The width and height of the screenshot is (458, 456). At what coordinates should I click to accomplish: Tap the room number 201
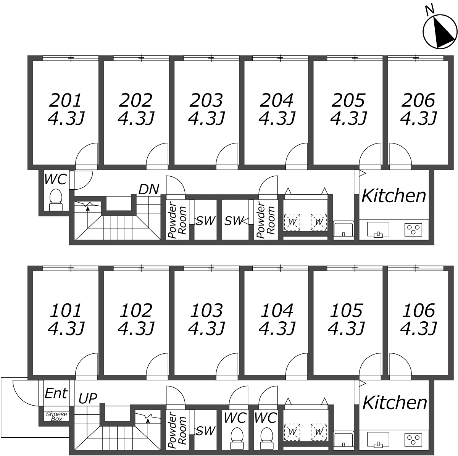pos(65,100)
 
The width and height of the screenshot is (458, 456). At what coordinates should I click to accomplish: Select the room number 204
pos(276,100)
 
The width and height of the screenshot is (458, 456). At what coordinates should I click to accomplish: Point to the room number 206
pos(418,100)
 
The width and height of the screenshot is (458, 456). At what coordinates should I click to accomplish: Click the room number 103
pos(206,310)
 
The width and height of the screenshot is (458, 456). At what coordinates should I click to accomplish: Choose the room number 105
pos(346,310)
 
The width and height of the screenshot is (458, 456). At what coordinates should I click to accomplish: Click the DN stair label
pos(149,189)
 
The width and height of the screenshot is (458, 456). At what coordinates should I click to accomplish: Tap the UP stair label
pos(88,398)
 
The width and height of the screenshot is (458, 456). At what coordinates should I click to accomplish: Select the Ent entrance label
pos(56,393)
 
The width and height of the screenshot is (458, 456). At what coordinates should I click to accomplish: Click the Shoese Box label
pos(56,416)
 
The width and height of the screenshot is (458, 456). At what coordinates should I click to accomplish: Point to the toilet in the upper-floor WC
pos(56,200)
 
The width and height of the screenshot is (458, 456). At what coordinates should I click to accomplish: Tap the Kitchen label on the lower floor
pos(395,403)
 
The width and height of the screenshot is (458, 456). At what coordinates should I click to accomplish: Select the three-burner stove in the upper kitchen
pos(413,230)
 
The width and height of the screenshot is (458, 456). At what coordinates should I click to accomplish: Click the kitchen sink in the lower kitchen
pos(378,439)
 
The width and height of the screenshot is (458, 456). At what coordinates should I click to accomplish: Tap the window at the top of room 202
pos(141,58)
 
